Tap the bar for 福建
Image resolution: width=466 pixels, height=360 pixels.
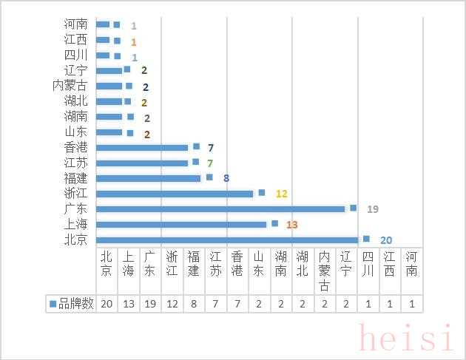[x=149, y=178]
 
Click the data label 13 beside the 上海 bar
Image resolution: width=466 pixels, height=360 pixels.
[x=291, y=224]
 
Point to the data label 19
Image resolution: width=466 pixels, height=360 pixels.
[x=373, y=209]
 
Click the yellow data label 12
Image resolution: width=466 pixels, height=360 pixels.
[x=281, y=194]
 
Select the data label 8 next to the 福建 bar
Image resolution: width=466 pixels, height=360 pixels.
[x=226, y=178]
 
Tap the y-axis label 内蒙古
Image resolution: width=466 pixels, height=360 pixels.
[x=70, y=86]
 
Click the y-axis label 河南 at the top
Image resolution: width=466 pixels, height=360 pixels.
[x=76, y=24]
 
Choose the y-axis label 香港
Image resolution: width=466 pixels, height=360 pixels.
[x=76, y=147]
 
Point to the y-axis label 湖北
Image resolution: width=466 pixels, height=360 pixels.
[x=76, y=101]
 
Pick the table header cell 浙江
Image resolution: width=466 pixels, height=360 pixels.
[x=172, y=264]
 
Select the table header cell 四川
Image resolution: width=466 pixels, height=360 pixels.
[x=368, y=264]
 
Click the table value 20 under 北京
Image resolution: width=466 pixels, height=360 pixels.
[x=107, y=304]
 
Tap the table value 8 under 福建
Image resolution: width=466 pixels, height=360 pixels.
[x=194, y=304]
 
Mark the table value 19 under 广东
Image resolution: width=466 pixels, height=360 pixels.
[x=150, y=304]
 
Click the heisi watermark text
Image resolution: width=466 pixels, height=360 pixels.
[x=406, y=338]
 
